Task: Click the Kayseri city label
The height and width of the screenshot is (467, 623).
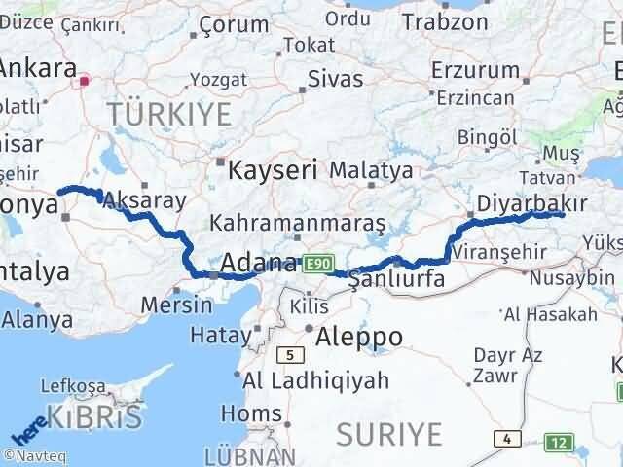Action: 275,170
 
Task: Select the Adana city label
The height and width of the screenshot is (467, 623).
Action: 259,263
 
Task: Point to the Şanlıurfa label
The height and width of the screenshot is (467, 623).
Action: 396,279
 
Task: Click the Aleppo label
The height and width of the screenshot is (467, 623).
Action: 359,337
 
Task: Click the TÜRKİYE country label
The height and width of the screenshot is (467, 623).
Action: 170,114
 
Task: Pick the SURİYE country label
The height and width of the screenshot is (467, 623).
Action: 388,433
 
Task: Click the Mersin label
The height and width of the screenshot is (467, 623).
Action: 176,304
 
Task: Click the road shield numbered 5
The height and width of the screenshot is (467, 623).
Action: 289,354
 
